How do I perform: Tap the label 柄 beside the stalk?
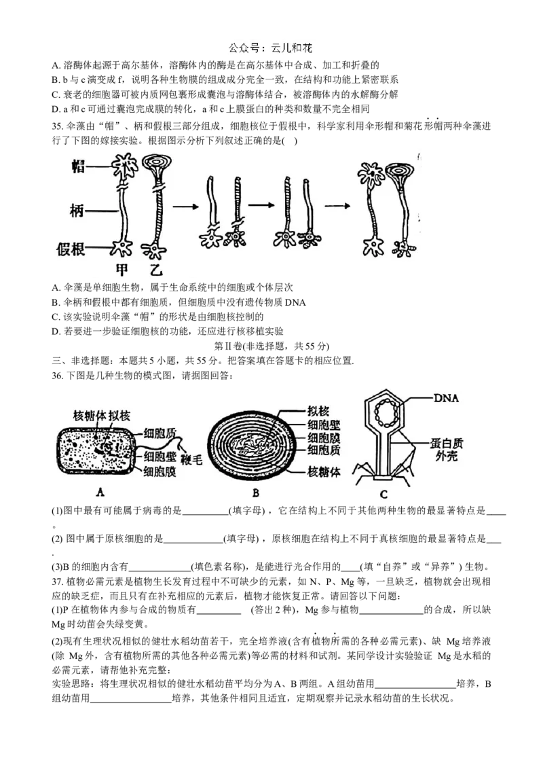pyautogui.click(x=78, y=211)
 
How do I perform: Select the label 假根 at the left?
pyautogui.click(x=71, y=250)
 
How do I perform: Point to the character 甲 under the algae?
pyautogui.click(x=121, y=270)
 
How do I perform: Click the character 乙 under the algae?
pyautogui.click(x=156, y=270)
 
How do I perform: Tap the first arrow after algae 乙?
pyautogui.click(x=185, y=205)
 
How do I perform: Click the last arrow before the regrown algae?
pyautogui.click(x=336, y=205)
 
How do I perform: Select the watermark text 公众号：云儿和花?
pyautogui.click(x=271, y=49)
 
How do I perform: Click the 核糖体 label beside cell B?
pyautogui.click(x=324, y=471)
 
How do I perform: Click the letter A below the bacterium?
pyautogui.click(x=100, y=493)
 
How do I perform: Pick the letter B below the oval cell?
pyautogui.click(x=255, y=494)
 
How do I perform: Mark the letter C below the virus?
pyautogui.click(x=383, y=495)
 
